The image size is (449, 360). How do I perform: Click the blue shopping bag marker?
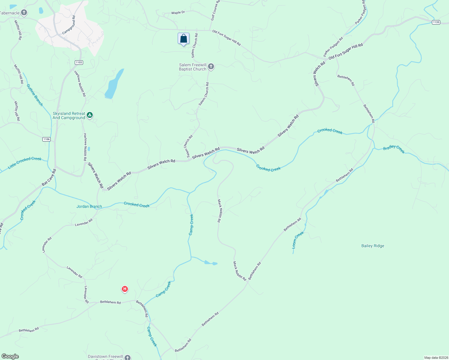click(x=183, y=39)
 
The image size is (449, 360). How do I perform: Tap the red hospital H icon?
click(x=125, y=289)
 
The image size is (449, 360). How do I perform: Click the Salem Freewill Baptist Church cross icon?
click(x=211, y=67)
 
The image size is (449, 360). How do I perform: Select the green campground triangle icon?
click(x=89, y=115)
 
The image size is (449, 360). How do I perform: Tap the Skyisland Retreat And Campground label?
click(x=69, y=115)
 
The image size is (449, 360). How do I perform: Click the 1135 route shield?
click(x=436, y=22)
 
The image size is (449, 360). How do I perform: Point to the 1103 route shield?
click(x=79, y=62)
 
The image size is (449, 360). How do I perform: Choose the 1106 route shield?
click(x=47, y=139)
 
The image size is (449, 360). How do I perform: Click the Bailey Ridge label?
click(x=372, y=246)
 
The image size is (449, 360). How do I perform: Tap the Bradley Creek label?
click(x=394, y=149)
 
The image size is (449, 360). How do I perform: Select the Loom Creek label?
click(x=298, y=240)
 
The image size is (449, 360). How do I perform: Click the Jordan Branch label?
click(x=89, y=206)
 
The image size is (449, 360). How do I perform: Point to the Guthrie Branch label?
click(x=35, y=95)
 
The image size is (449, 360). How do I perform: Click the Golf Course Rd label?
click(x=215, y=10)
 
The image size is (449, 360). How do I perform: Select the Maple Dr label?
click(x=178, y=13)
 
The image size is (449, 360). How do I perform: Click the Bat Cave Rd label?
click(x=49, y=178)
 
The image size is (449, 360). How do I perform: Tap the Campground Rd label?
click(x=69, y=25)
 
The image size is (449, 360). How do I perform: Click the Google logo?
click(x=10, y=356)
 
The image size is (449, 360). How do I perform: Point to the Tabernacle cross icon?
click(x=24, y=13)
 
